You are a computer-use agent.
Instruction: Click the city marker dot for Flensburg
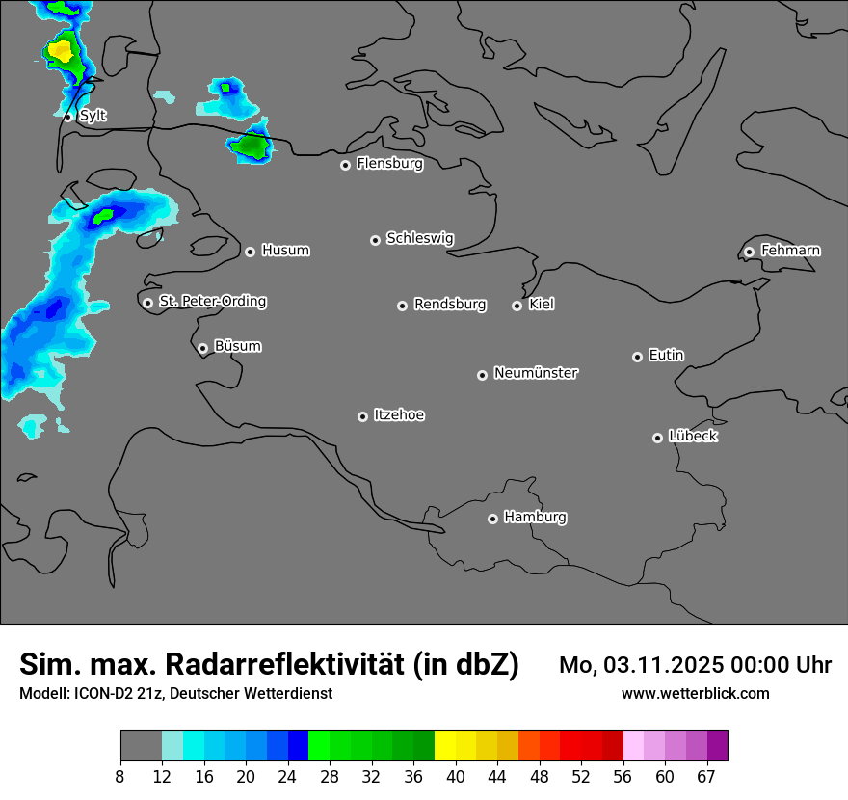pos(345,165)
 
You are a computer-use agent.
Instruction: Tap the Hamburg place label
pos(535,518)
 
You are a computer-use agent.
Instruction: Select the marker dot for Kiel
pos(517,306)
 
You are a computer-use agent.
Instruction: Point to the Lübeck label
pos(693,437)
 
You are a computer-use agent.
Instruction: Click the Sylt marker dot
pos(67,117)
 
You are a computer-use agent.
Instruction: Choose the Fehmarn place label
pos(790,251)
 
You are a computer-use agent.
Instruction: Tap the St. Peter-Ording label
pos(212,302)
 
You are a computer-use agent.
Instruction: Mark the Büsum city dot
pos(202,348)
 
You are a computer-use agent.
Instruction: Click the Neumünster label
pos(536,373)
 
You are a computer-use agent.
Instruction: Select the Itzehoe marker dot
pos(362,416)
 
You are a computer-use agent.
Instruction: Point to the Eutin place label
pos(666,356)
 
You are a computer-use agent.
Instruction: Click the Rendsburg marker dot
pos(402,306)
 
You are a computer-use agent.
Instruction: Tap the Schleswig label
pos(419,238)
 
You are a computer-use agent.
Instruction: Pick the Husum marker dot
pos(250,252)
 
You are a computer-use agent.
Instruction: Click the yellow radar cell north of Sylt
pos(60,49)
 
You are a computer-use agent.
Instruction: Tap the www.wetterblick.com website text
pos(696,694)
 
